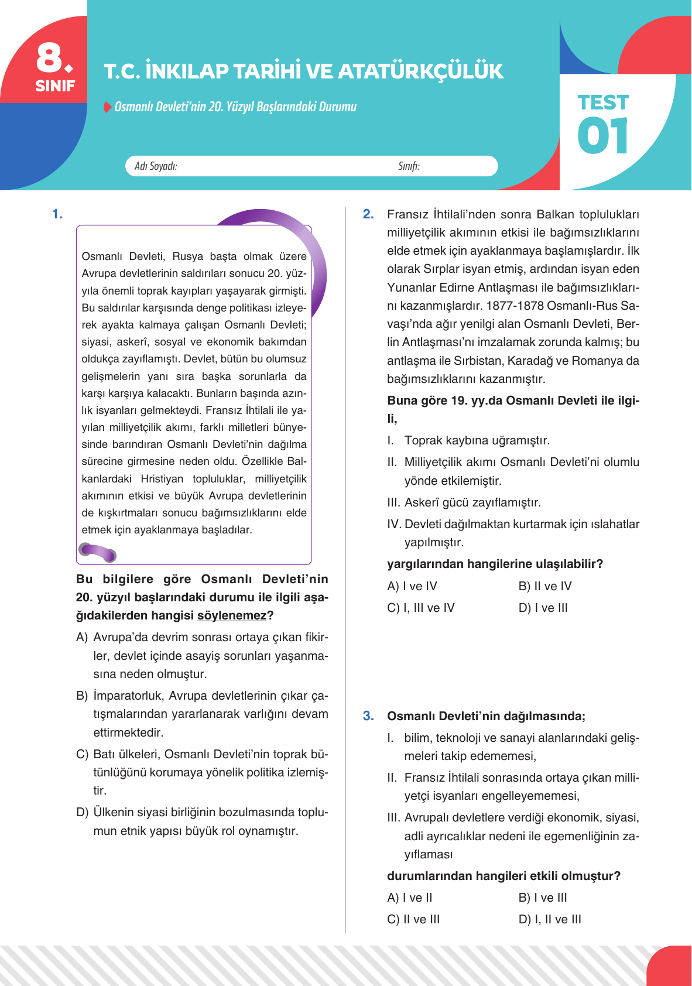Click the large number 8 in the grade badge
(x=51, y=57)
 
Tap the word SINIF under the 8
(x=55, y=86)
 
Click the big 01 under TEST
(x=602, y=136)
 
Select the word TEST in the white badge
(x=602, y=102)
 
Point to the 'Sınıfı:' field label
(x=409, y=166)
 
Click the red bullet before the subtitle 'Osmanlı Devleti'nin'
(x=107, y=107)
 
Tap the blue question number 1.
(x=57, y=214)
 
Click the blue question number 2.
(x=368, y=214)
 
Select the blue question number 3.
(x=368, y=716)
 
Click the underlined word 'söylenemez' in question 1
(x=232, y=615)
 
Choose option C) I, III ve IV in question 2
(x=420, y=608)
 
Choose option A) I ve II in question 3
(x=409, y=898)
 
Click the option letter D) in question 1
(x=82, y=813)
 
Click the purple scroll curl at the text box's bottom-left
(x=97, y=552)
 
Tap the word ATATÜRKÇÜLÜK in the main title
(x=420, y=71)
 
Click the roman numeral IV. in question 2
(x=394, y=524)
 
